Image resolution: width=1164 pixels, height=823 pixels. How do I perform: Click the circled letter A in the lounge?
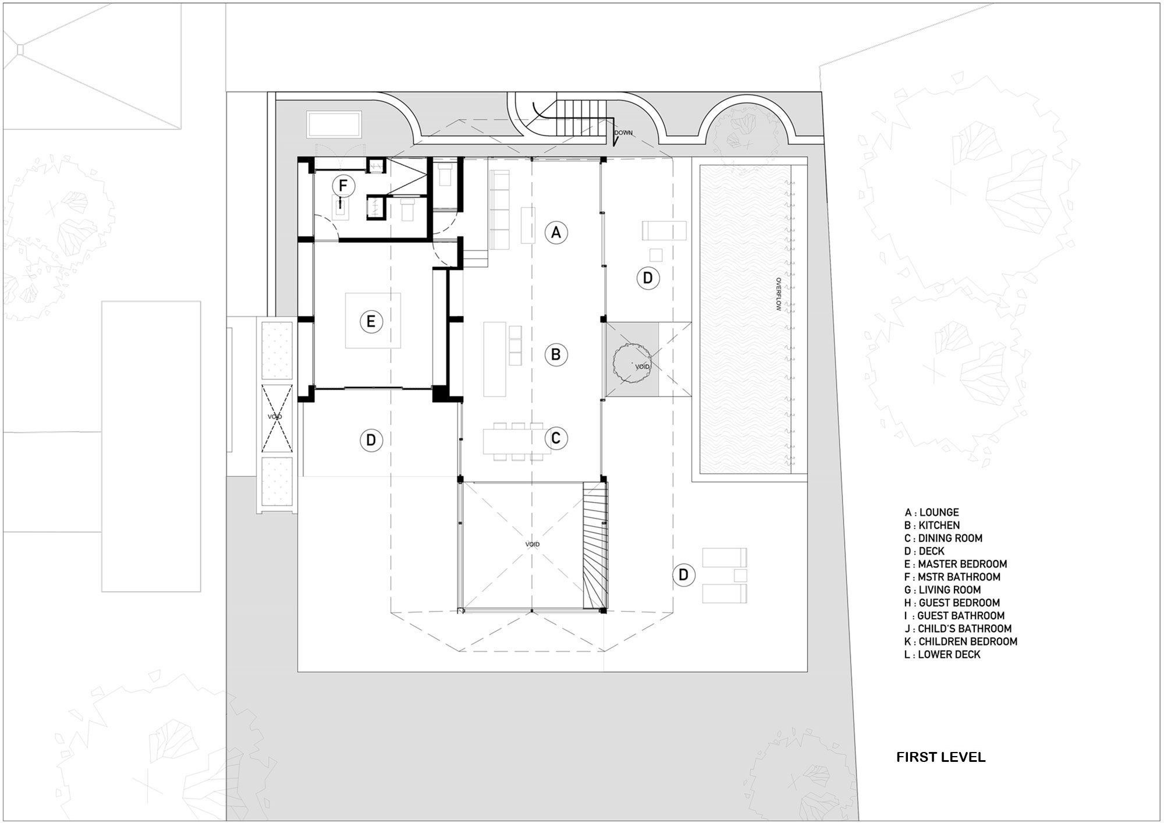[x=556, y=232]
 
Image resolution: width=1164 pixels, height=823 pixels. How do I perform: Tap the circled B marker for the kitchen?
[x=556, y=354]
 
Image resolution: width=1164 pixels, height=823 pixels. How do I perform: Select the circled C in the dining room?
[x=556, y=438]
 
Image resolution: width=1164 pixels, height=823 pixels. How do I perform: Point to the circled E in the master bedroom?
[x=371, y=321]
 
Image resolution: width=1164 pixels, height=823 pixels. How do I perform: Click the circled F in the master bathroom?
[x=343, y=186]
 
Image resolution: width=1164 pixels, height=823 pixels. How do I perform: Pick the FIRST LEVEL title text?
[x=941, y=757]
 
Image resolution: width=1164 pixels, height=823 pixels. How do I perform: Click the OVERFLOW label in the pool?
[x=778, y=294]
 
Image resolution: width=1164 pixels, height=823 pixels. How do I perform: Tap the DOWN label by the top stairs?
[x=623, y=133]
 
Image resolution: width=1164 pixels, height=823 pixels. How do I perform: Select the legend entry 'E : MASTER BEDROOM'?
[x=956, y=564]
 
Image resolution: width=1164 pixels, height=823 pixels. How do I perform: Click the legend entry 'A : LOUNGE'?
[x=932, y=512]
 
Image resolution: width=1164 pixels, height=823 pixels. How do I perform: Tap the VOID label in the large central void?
[x=532, y=544]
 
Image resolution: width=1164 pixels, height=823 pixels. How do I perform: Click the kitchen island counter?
[x=495, y=359]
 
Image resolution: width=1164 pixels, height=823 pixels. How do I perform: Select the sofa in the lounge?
[x=499, y=210]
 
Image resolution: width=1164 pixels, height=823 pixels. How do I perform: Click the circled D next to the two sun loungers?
[x=684, y=575]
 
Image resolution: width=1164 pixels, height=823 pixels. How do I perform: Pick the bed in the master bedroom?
[x=373, y=321]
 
